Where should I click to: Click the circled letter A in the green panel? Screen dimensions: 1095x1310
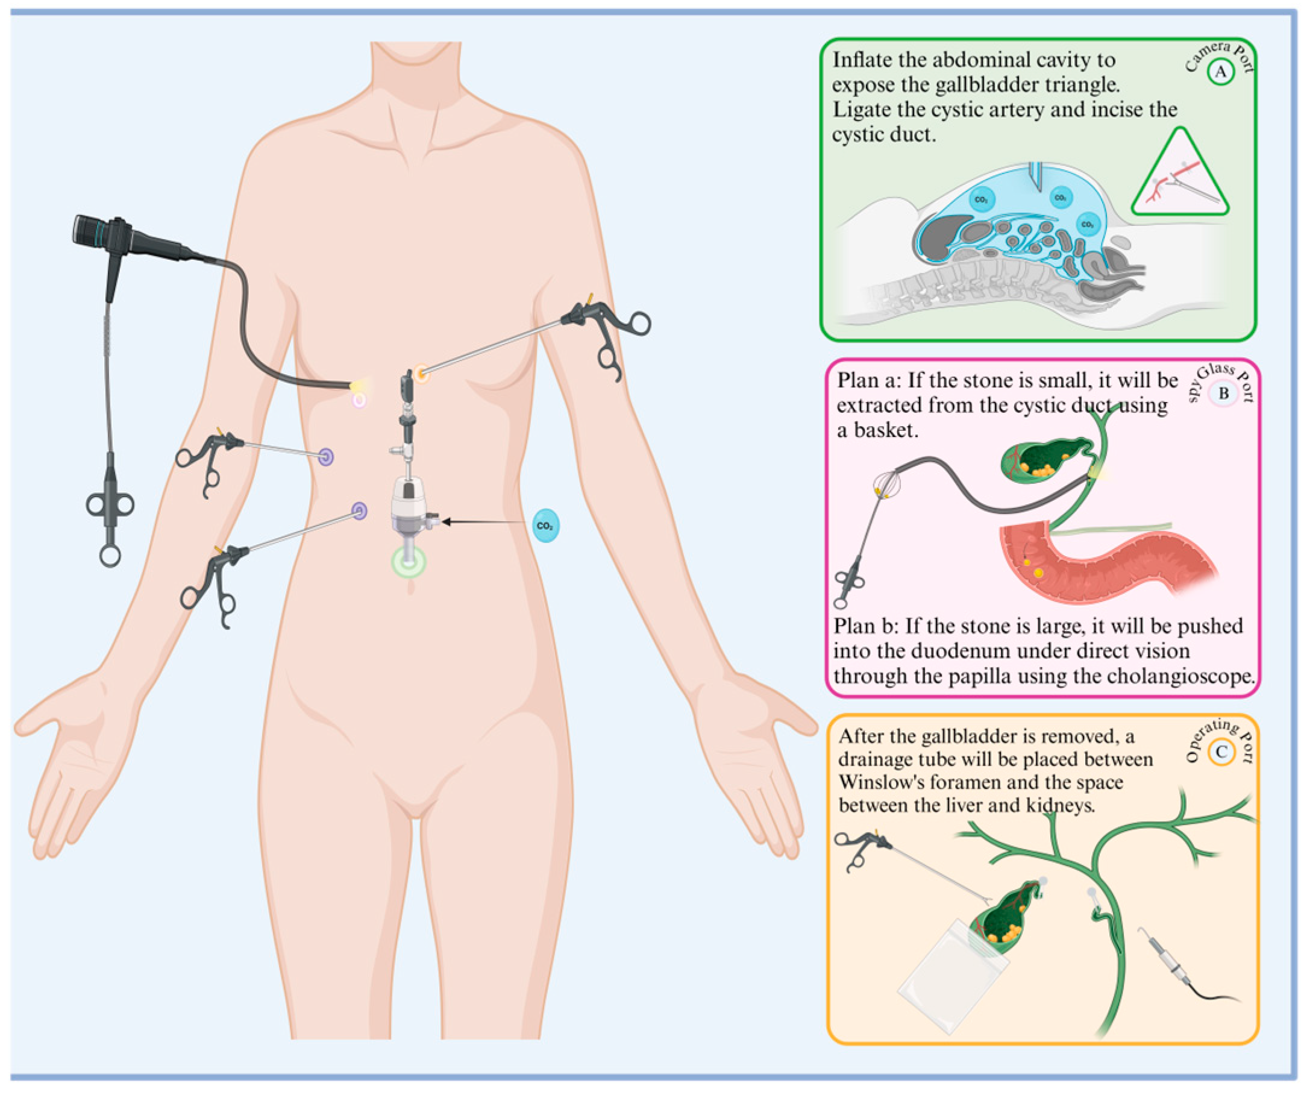(1220, 72)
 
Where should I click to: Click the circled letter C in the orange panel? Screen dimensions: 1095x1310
(1221, 752)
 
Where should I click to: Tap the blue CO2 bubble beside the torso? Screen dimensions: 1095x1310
(546, 526)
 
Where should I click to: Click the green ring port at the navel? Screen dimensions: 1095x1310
(409, 562)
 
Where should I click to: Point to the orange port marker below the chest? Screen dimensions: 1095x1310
(422, 374)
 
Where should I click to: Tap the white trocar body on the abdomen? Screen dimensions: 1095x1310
(409, 506)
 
